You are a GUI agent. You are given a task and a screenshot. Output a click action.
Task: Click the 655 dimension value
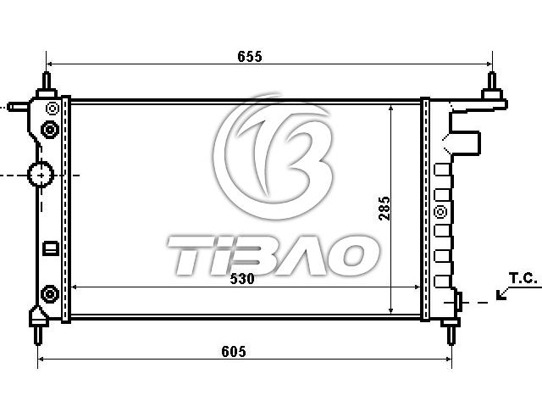250,57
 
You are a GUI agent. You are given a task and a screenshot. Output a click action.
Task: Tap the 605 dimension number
234,352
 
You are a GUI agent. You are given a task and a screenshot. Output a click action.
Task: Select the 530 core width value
242,279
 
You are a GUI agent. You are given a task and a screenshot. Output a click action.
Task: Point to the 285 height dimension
384,209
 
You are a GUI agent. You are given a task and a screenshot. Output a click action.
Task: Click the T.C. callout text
523,278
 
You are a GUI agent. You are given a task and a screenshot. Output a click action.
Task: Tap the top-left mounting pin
47,81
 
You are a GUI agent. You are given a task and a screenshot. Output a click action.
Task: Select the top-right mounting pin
492,81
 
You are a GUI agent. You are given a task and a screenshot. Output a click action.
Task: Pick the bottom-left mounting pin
38,335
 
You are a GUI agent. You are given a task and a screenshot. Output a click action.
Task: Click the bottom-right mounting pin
451,335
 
